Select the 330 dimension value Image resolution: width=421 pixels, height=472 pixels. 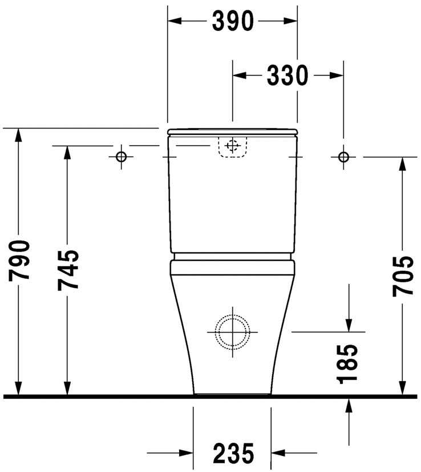pyautogui.click(x=288, y=75)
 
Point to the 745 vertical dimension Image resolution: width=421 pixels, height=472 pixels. pyautogui.click(x=68, y=270)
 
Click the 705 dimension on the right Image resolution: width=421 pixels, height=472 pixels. pyautogui.click(x=403, y=275)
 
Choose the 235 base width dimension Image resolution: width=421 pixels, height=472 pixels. pyautogui.click(x=233, y=454)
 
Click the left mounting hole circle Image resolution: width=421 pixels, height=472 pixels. pyautogui.click(x=121, y=157)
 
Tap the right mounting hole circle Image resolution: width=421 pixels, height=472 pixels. pyautogui.click(x=343, y=157)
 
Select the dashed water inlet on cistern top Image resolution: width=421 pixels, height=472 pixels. pyautogui.click(x=232, y=146)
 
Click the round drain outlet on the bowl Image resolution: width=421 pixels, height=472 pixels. pyautogui.click(x=232, y=331)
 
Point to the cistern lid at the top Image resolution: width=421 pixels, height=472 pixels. pyautogui.click(x=232, y=132)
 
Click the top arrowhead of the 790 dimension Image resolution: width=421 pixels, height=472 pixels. pyautogui.click(x=19, y=135)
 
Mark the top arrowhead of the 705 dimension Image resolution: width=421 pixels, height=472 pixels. pyautogui.click(x=403, y=163)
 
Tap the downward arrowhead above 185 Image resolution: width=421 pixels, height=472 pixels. pyautogui.click(x=349, y=325)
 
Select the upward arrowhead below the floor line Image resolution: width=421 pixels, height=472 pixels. pyautogui.click(x=349, y=404)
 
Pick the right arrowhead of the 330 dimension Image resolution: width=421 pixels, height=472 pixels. pyautogui.click(x=337, y=75)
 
